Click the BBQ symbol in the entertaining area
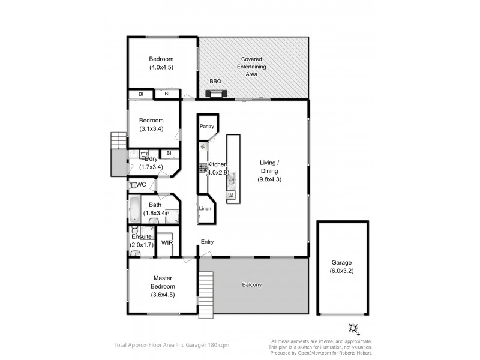coord(215,94)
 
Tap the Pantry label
coord(207,127)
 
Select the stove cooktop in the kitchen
coord(203,169)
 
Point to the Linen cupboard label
coord(205,209)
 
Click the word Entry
coord(207,242)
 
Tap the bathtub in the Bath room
coord(134,211)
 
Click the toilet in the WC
coord(132,185)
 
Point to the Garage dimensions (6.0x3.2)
coord(341,271)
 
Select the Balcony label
coord(253,285)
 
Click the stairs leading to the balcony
coord(206,290)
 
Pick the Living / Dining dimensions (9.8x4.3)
coord(269,179)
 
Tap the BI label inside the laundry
coord(169,154)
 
